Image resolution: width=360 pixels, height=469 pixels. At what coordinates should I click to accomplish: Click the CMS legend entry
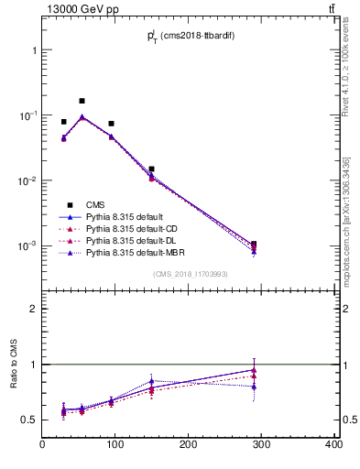tap(93, 205)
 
